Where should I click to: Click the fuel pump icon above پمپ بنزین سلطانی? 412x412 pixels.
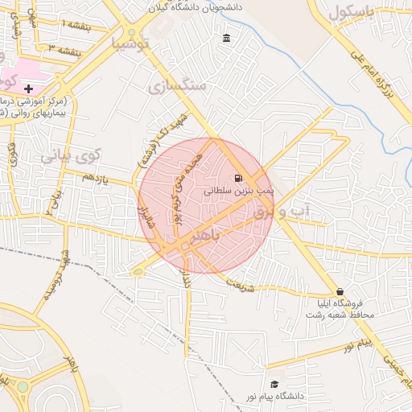point(237,179)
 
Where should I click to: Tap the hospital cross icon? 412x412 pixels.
point(29,88)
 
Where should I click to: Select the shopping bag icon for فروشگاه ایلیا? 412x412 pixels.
point(340,292)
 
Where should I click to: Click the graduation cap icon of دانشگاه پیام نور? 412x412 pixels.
point(274,385)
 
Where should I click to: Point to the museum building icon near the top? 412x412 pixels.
point(226,39)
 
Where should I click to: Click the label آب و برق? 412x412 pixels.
point(286,212)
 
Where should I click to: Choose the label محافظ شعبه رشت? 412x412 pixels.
point(340,315)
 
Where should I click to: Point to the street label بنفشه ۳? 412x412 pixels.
point(65,50)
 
